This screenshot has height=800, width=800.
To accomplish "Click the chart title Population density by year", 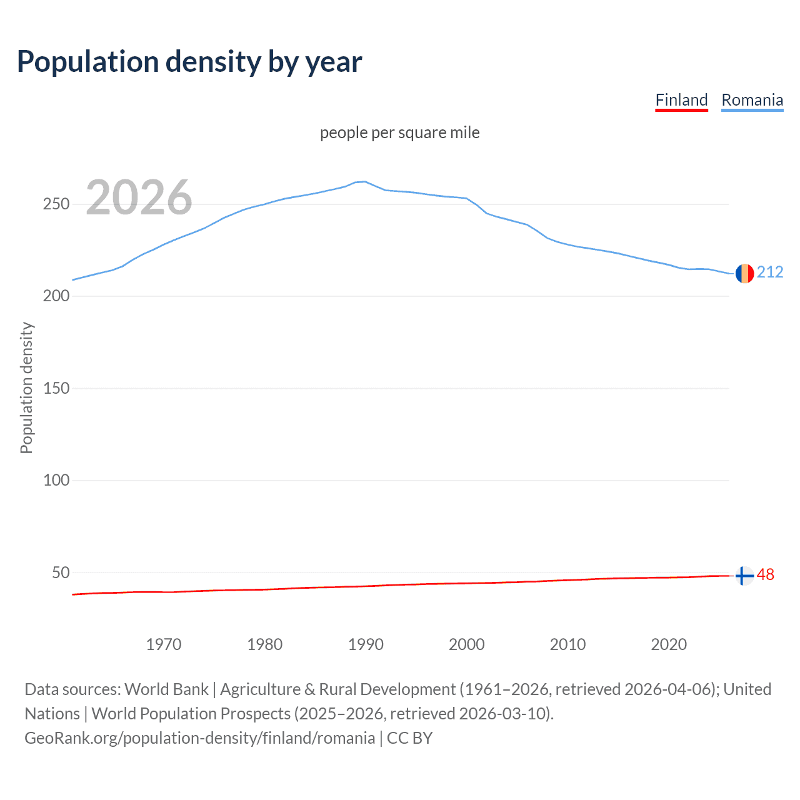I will coord(189,62).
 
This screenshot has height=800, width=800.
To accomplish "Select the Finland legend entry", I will coord(681,100).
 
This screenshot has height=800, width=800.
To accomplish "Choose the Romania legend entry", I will coord(752,100).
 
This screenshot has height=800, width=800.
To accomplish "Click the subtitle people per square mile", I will coord(399,132).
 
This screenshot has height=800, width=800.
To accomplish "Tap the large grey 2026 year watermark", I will coord(139,197).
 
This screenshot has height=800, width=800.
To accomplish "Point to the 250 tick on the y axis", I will coord(56,204).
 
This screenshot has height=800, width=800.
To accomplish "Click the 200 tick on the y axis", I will coord(56,296).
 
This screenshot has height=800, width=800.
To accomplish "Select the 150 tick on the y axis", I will coord(56,388).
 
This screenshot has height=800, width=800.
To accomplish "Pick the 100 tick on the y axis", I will coord(56,481).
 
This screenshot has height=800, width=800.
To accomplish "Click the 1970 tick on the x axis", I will coord(164,644).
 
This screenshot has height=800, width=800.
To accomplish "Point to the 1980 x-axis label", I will coord(265,644).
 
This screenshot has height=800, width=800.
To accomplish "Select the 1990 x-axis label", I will coord(366,644).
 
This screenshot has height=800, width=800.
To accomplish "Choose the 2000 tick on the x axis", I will coord(467,644).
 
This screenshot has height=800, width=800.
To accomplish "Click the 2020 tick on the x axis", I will coord(669,644).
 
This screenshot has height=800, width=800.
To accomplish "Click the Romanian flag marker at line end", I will coord(744,273).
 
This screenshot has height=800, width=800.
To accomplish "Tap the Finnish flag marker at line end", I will coord(744,576).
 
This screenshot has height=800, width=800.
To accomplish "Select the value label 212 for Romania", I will coord(770,272).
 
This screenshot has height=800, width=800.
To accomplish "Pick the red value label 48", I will coord(766,574).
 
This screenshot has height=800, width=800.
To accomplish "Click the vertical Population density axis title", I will coord(26,387).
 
